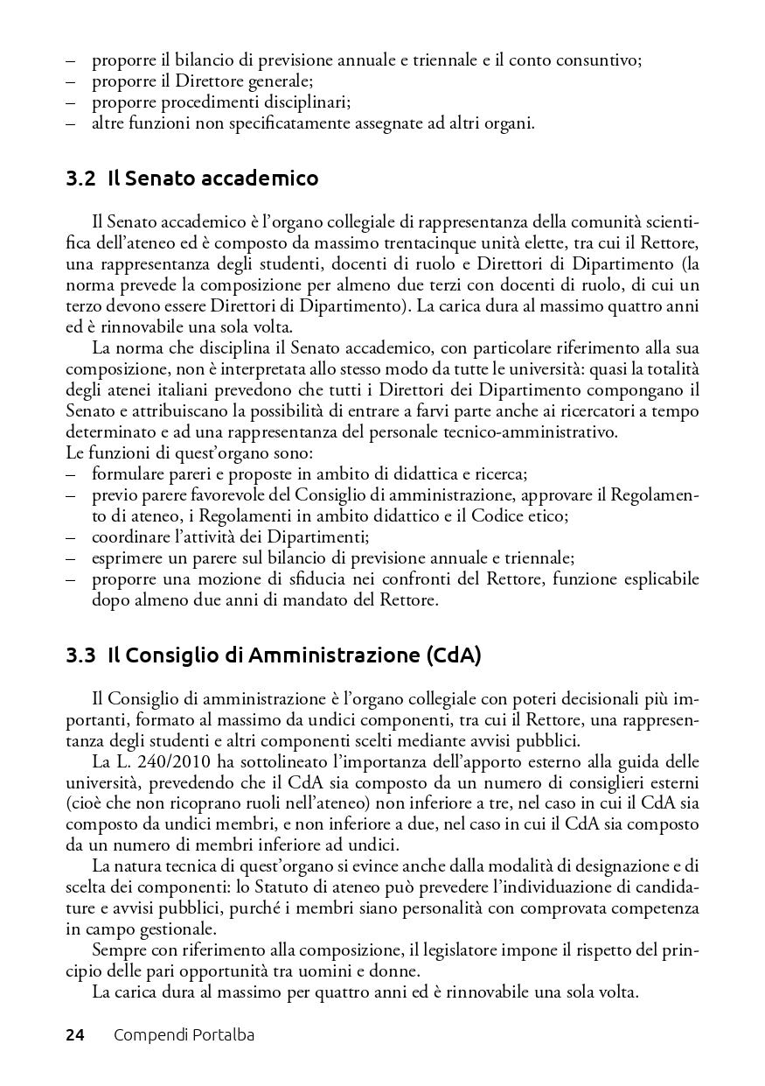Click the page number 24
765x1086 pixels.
[x=75, y=1035]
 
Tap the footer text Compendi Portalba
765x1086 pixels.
[x=184, y=1035]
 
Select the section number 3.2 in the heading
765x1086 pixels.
[x=80, y=179]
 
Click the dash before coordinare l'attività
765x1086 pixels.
[x=72, y=537]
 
